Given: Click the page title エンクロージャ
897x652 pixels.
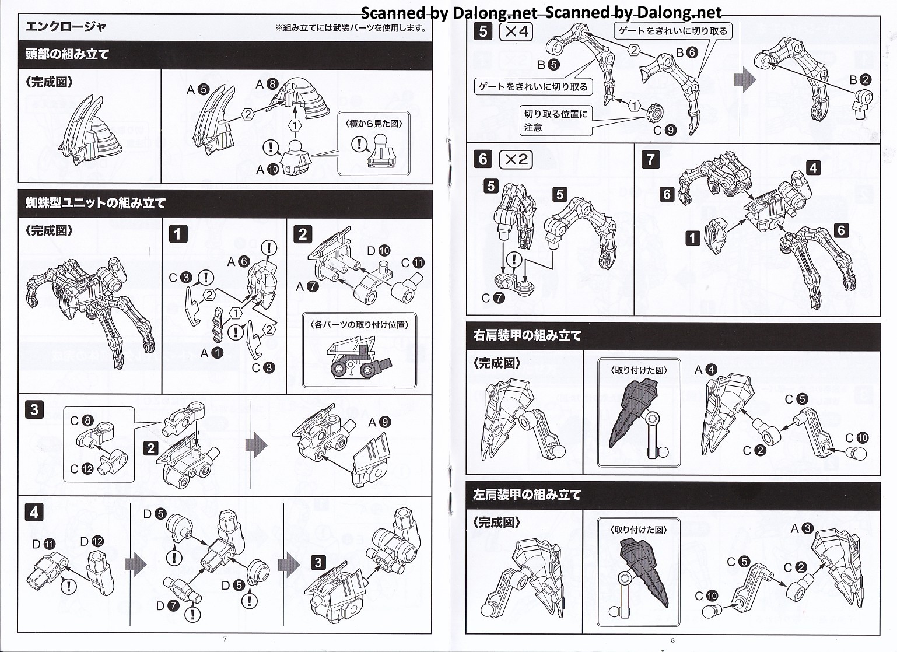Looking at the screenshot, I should click(66, 27).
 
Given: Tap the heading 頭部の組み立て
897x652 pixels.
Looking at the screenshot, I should click(67, 55).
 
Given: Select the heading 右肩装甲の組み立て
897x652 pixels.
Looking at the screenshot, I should click(527, 335).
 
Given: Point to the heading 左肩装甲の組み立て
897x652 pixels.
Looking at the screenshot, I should click(527, 495).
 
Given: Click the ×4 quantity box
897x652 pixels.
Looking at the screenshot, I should click(516, 31).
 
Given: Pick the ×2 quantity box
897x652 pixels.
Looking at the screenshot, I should click(516, 159).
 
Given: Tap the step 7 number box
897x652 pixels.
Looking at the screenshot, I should click(651, 159).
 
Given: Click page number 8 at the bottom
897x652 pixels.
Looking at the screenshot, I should click(672, 640).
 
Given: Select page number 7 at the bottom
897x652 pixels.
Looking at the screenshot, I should click(225, 639).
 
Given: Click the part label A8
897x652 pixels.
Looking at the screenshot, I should click(266, 85).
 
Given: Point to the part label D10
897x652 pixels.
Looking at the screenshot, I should click(378, 251).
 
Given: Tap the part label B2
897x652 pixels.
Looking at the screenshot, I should click(860, 80).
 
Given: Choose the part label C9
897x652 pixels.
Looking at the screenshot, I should click(664, 130).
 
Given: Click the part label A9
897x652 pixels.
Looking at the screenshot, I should click(379, 422).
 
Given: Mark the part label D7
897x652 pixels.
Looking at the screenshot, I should click(167, 606).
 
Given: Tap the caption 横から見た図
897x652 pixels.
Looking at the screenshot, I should click(374, 123).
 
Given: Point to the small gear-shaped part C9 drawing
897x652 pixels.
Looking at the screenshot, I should click(656, 110).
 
